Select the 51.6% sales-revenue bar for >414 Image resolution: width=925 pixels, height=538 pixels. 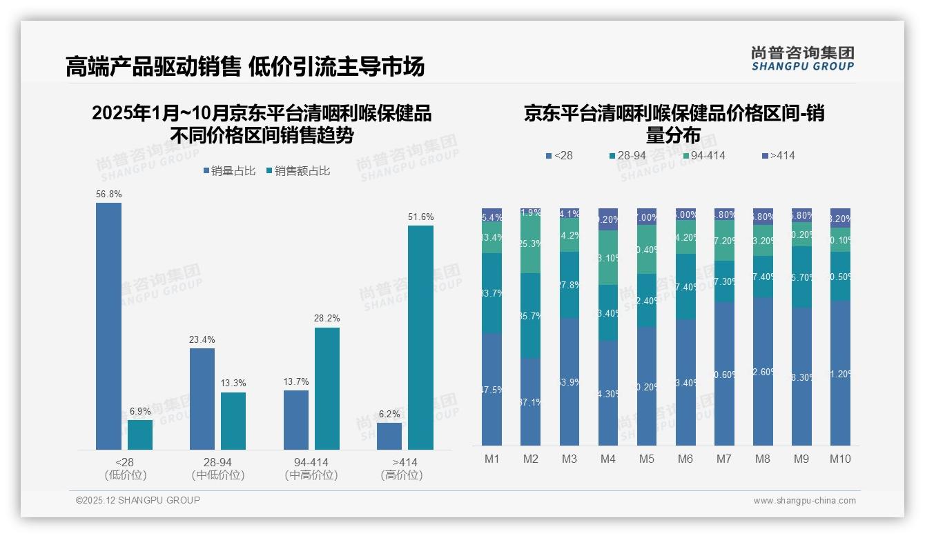point(420,337)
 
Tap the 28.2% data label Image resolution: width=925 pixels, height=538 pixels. point(327,319)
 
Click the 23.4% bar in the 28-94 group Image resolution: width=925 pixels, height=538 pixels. point(202,399)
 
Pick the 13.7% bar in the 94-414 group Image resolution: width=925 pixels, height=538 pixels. point(295,420)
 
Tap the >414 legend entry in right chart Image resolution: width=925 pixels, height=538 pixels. point(778,156)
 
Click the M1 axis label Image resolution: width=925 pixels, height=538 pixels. point(491,459)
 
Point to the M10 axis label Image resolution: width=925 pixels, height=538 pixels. point(840,459)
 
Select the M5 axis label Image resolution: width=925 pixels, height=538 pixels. point(646,459)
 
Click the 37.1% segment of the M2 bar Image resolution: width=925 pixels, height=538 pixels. point(530,401)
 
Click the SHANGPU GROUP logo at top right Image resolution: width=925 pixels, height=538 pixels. point(802,59)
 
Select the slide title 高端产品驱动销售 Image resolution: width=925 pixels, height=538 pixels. point(153,67)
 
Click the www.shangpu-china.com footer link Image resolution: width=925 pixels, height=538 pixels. point(804,501)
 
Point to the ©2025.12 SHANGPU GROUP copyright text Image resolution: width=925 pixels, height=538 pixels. point(138,500)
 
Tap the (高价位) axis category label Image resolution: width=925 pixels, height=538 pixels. point(402,475)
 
